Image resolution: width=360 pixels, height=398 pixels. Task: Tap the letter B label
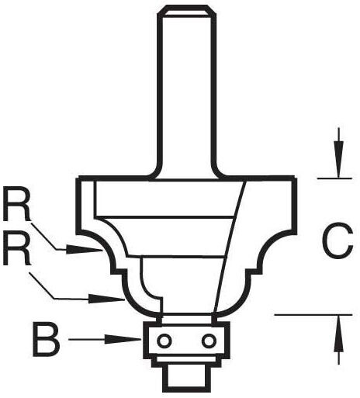tap(47, 340)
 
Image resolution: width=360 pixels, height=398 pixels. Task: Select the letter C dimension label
tap(337, 240)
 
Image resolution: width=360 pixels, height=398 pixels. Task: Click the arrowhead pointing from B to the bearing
tap(123, 339)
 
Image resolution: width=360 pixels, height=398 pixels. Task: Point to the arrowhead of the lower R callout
tap(107, 299)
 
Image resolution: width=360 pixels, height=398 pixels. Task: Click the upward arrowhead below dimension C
tap(338, 334)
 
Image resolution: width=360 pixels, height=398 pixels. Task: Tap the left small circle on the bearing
tap(164, 341)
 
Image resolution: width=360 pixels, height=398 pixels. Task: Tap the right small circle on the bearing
tap(209, 341)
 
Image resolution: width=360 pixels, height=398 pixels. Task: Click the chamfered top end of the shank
tap(188, 11)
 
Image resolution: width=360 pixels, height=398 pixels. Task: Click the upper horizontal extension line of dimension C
tap(334, 178)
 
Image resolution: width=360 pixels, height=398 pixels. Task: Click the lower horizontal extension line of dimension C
tap(313, 315)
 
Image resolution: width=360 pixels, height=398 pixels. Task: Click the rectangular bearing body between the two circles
tap(186, 340)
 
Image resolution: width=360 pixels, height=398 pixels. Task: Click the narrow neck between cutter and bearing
tap(188, 318)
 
